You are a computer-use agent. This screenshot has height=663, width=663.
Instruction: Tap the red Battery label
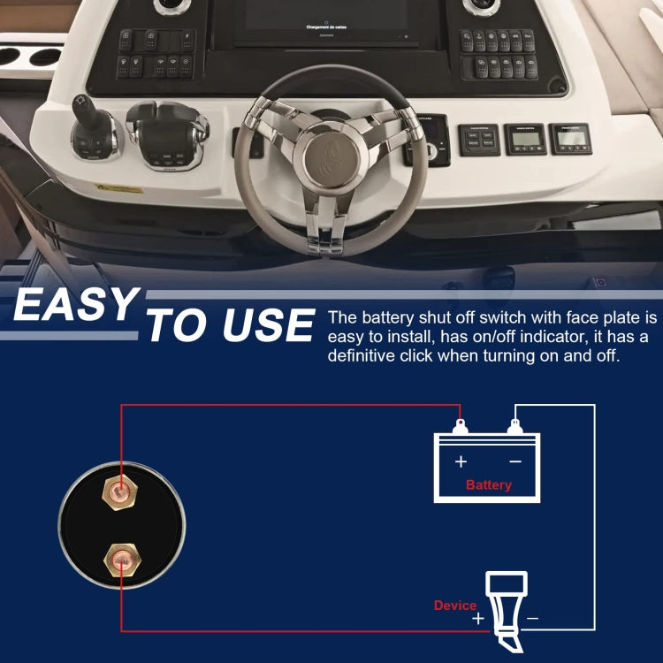click(x=488, y=485)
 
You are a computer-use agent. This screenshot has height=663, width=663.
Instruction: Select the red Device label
click(x=455, y=606)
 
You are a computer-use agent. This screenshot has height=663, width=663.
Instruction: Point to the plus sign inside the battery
click(x=461, y=461)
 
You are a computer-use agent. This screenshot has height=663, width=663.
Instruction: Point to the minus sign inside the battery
click(x=515, y=461)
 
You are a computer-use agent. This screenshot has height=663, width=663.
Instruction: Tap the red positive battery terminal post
click(x=460, y=427)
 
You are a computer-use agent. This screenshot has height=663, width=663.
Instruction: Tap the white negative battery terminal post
click(x=514, y=427)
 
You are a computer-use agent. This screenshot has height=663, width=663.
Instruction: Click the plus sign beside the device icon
click(x=478, y=619)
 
